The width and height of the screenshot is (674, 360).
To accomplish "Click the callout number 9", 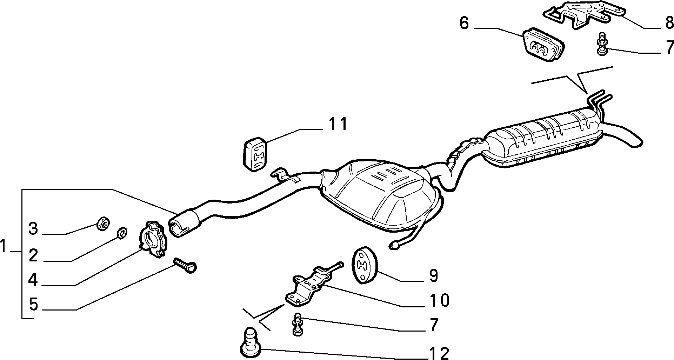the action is (434, 276).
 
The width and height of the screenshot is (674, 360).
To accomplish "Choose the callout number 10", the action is (439, 300).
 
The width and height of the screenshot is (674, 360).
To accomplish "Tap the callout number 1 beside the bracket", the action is (3, 247).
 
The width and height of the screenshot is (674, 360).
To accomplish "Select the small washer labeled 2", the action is (122, 232).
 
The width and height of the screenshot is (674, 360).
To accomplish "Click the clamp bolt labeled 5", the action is (185, 264).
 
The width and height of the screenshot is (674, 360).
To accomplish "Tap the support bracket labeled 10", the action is (312, 284).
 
